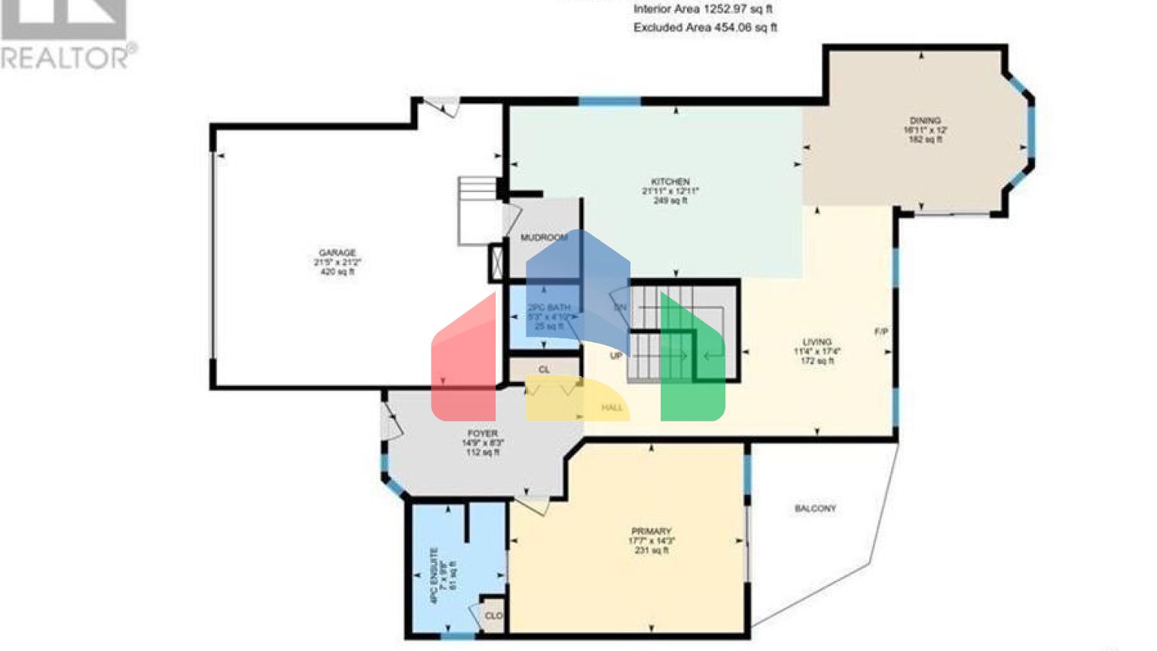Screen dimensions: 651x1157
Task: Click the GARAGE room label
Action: pyautogui.click(x=337, y=253)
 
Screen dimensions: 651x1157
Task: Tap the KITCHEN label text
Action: pyautogui.click(x=670, y=182)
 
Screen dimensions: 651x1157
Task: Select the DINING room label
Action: pyautogui.click(x=925, y=121)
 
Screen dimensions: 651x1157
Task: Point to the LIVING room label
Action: pyautogui.click(x=817, y=342)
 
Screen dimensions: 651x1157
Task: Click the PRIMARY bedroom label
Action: pyautogui.click(x=651, y=532)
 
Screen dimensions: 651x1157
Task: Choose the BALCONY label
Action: pyautogui.click(x=815, y=509)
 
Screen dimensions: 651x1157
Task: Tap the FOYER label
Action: pyautogui.click(x=482, y=434)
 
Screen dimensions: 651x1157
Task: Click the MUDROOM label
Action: pyautogui.click(x=544, y=238)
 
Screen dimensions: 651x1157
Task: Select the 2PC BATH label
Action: pyautogui.click(x=548, y=307)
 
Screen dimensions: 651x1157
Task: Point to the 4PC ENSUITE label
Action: pyautogui.click(x=434, y=576)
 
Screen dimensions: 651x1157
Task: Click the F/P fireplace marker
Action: pyautogui.click(x=881, y=332)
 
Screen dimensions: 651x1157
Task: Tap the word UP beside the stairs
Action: pyautogui.click(x=616, y=356)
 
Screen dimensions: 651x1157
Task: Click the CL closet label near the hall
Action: pyautogui.click(x=544, y=370)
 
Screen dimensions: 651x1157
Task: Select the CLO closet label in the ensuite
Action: pyautogui.click(x=493, y=616)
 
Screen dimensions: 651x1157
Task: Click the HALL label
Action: pyautogui.click(x=612, y=408)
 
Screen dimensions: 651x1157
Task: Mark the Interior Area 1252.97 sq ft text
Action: pyautogui.click(x=702, y=10)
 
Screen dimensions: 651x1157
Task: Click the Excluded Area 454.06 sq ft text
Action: pyautogui.click(x=705, y=28)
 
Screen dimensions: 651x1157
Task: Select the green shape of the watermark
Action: pyautogui.click(x=697, y=377)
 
